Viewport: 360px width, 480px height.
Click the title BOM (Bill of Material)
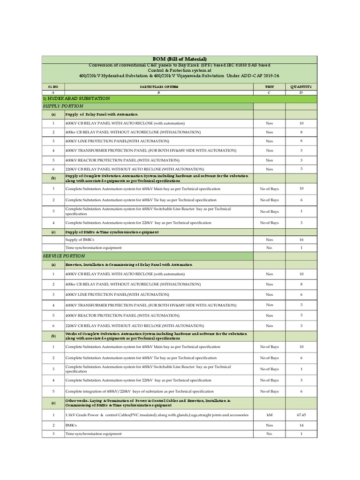pos(180,58)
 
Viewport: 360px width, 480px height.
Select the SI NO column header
pos(53,87)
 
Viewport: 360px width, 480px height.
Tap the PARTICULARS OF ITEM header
pos(158,87)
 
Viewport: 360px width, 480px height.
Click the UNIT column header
pos(269,87)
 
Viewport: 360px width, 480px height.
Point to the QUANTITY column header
pos(301,87)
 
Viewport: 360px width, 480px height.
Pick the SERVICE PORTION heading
pos(64,256)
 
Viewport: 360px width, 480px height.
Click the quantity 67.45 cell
pos(301,415)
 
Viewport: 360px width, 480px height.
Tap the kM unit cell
pos(269,415)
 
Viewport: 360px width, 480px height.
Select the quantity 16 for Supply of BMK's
pos(301,239)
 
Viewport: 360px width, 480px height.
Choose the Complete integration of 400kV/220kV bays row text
pos(140,391)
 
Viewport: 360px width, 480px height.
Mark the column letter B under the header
pos(158,93)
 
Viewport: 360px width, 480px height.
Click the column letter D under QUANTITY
pos(301,93)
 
